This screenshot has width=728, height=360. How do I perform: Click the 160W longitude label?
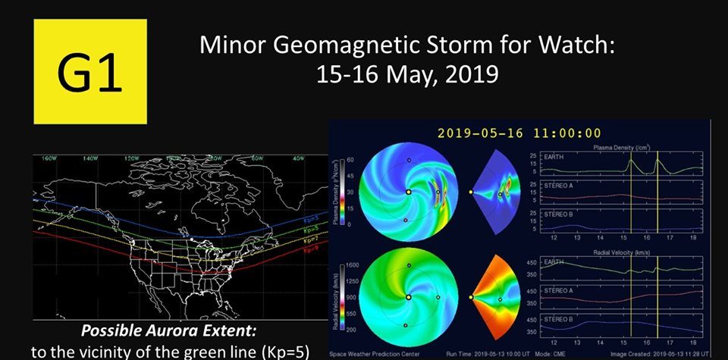pyautogui.click(x=50, y=159)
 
